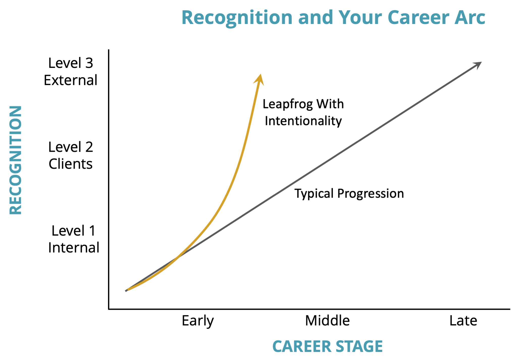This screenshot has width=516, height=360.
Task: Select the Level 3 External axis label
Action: pyautogui.click(x=71, y=71)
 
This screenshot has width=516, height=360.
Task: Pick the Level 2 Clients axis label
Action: pyautogui.click(x=71, y=155)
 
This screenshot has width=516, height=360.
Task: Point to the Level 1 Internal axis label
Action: pyautogui.click(x=74, y=239)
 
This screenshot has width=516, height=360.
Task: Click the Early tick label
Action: pyautogui.click(x=198, y=321)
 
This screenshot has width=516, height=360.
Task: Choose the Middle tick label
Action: pyautogui.click(x=327, y=321)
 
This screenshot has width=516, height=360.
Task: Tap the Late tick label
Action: pyautogui.click(x=463, y=321)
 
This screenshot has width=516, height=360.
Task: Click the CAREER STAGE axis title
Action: pyautogui.click(x=327, y=346)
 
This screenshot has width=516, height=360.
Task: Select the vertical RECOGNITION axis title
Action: pyautogui.click(x=15, y=160)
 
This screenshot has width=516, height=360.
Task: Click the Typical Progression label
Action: pyautogui.click(x=349, y=194)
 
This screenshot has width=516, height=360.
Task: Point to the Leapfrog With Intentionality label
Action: pyautogui.click(x=303, y=112)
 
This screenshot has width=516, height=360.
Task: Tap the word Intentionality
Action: pyautogui.click(x=303, y=121)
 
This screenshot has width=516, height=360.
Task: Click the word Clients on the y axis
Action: pyautogui.click(x=71, y=164)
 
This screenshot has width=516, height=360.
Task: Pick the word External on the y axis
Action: pyautogui.click(x=71, y=80)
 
